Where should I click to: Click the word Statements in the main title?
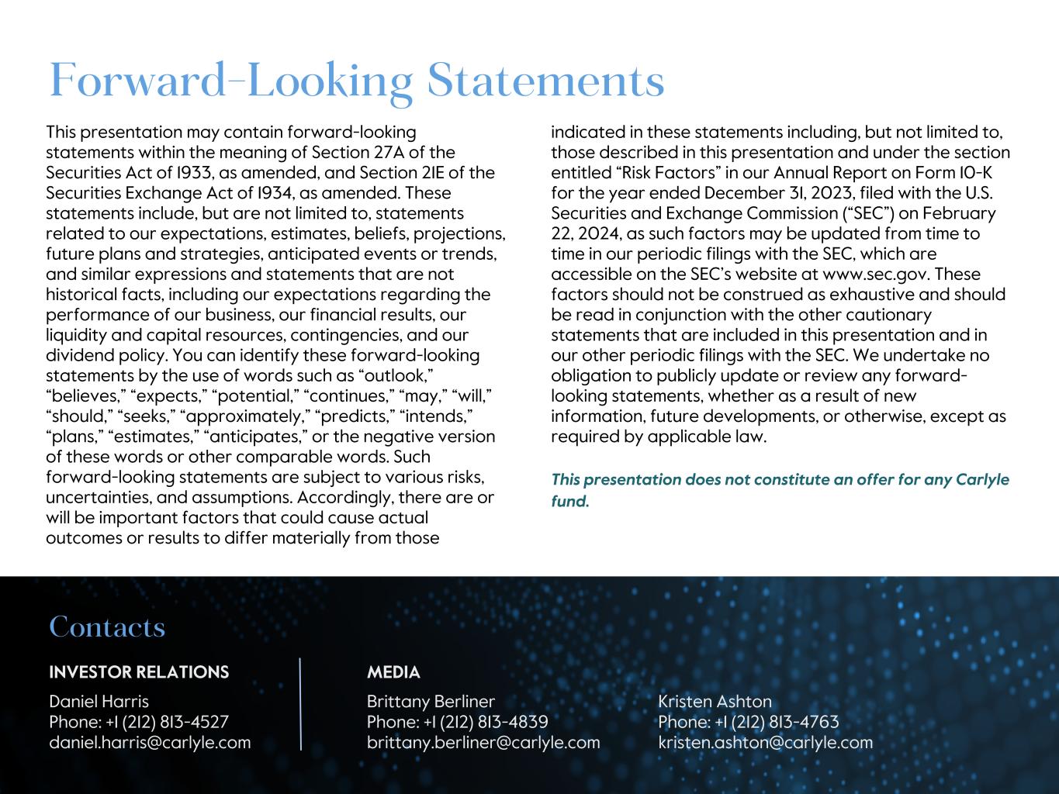pyautogui.click(x=545, y=81)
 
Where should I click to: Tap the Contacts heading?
pyautogui.click(x=107, y=627)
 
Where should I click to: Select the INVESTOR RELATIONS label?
pyautogui.click(x=139, y=672)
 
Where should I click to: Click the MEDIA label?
pyautogui.click(x=393, y=672)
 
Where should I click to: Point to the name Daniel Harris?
pyautogui.click(x=99, y=701)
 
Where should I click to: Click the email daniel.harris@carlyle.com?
pyautogui.click(x=150, y=742)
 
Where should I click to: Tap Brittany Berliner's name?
pyautogui.click(x=431, y=701)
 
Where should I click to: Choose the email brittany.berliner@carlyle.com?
pyautogui.click(x=483, y=742)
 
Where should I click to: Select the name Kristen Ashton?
pyautogui.click(x=715, y=701)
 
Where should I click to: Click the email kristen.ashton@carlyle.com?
pyautogui.click(x=765, y=742)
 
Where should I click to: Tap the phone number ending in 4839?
pyautogui.click(x=486, y=722)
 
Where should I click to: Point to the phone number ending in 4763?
pyautogui.click(x=777, y=722)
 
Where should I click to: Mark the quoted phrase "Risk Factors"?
pyautogui.click(x=658, y=173)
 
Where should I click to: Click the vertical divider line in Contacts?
pyautogui.click(x=300, y=703)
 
